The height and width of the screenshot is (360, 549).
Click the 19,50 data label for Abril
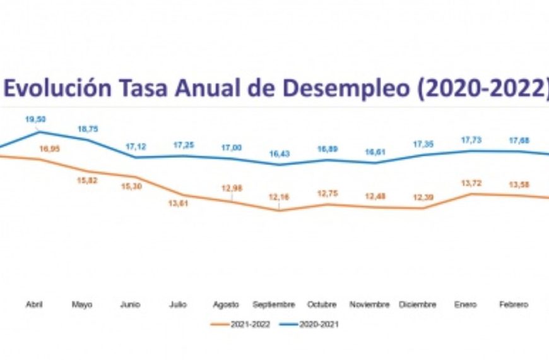35,119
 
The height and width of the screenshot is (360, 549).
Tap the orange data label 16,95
49,149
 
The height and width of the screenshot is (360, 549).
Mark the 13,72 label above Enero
466,183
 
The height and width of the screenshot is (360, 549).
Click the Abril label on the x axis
34,304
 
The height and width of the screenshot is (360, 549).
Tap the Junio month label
130,304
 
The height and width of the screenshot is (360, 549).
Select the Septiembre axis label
274,304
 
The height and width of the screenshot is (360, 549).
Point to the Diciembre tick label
417,304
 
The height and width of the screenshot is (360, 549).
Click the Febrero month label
513,304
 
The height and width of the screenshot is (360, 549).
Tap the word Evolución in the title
61,89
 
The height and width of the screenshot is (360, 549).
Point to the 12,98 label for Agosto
232,188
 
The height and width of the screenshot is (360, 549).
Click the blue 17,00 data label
232,147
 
